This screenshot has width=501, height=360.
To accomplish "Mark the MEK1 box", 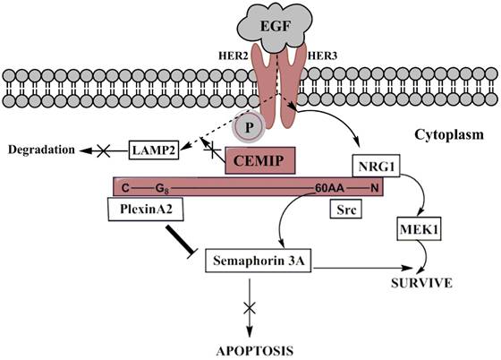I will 419,234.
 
